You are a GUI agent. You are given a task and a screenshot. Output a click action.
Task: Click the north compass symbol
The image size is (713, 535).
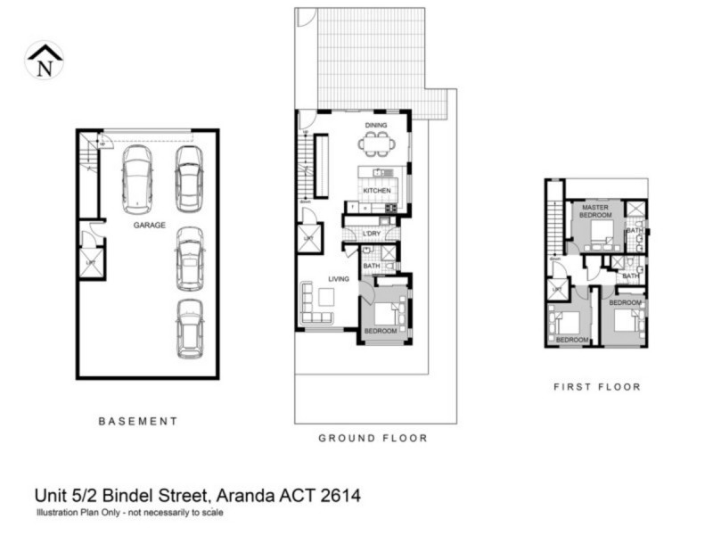[44, 61]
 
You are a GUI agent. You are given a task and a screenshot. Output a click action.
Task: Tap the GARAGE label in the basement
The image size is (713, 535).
[150, 226]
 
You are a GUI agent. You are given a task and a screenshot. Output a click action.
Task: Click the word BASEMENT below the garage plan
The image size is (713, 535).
[137, 421]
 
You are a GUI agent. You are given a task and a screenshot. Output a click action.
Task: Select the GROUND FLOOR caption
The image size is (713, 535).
[373, 438]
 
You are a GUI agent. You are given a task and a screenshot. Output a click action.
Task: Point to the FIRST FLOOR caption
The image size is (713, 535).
[597, 387]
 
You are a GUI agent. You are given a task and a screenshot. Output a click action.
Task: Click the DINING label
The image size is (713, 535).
[376, 126]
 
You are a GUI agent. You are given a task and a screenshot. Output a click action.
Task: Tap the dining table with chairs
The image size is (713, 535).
[375, 143]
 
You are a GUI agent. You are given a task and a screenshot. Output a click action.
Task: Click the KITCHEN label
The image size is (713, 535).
[376, 192]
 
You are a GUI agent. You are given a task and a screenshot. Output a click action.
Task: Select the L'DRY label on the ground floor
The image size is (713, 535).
[372, 234]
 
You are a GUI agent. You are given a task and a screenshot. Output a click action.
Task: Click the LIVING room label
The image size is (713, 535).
[340, 279]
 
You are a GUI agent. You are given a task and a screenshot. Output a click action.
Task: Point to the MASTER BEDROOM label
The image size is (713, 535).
[594, 211]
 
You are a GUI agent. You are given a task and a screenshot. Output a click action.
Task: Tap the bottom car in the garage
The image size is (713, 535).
[190, 327]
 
